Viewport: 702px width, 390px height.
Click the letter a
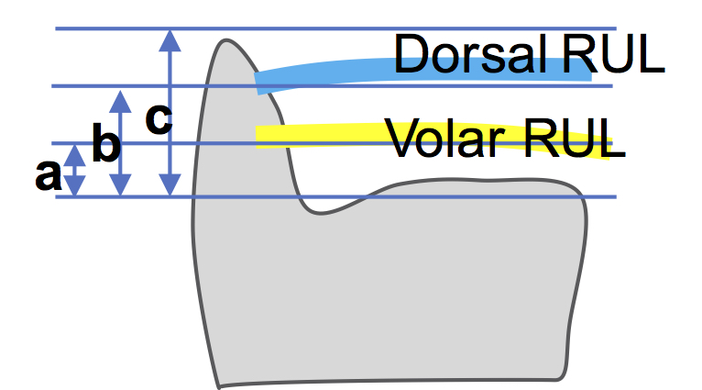click(x=48, y=173)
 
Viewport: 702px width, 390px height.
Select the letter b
click(x=106, y=145)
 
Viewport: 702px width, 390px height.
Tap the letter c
click(x=159, y=118)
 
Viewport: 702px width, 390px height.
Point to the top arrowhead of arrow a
click(x=75, y=150)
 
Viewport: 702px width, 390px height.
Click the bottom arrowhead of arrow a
click(x=75, y=189)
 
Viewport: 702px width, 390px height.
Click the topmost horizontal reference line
click(x=367, y=28)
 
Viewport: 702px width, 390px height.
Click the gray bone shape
click(x=385, y=284)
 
